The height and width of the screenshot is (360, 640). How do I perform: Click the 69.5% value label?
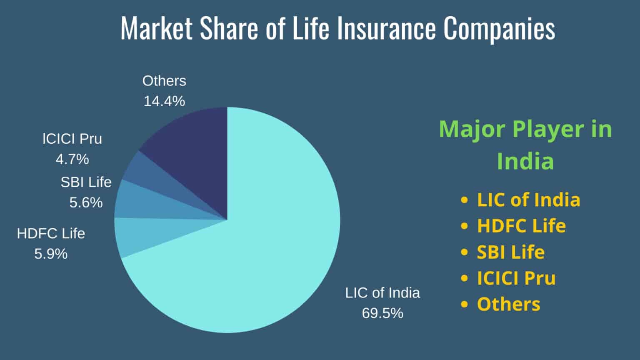click(x=382, y=313)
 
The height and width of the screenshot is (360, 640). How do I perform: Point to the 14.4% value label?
click(x=164, y=101)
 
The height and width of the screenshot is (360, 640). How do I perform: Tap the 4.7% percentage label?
click(x=72, y=159)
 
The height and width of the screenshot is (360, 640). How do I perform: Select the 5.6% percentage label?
click(x=86, y=202)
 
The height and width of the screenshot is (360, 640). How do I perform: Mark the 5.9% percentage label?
click(x=51, y=254)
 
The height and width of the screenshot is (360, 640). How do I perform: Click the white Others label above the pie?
click(x=164, y=81)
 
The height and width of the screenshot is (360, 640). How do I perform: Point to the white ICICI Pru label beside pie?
click(x=72, y=139)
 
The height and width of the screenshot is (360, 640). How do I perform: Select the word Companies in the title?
click(x=500, y=29)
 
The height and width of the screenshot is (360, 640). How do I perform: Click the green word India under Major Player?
click(x=525, y=161)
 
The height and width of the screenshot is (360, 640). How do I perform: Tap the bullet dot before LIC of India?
click(x=465, y=200)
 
